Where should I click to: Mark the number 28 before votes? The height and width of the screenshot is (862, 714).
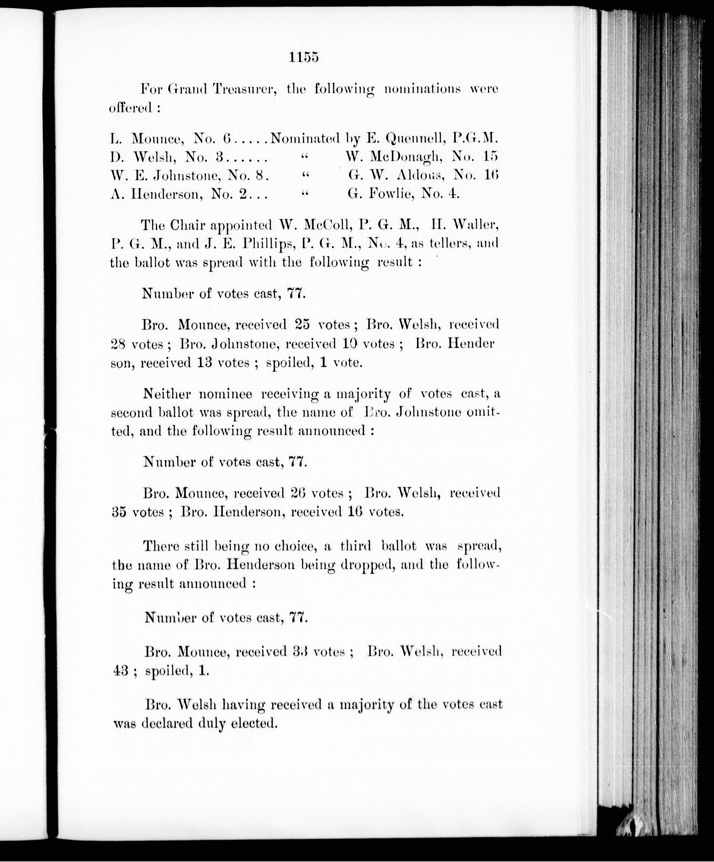click(119, 344)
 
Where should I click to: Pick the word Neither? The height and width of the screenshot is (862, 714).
click(166, 394)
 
